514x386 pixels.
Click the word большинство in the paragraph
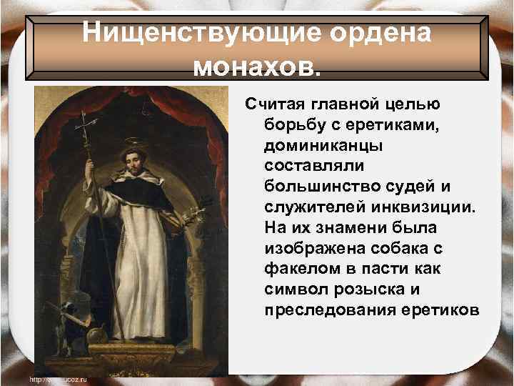pyautogui.click(x=318, y=186)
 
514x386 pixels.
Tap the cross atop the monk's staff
pyautogui.click(x=88, y=123)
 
